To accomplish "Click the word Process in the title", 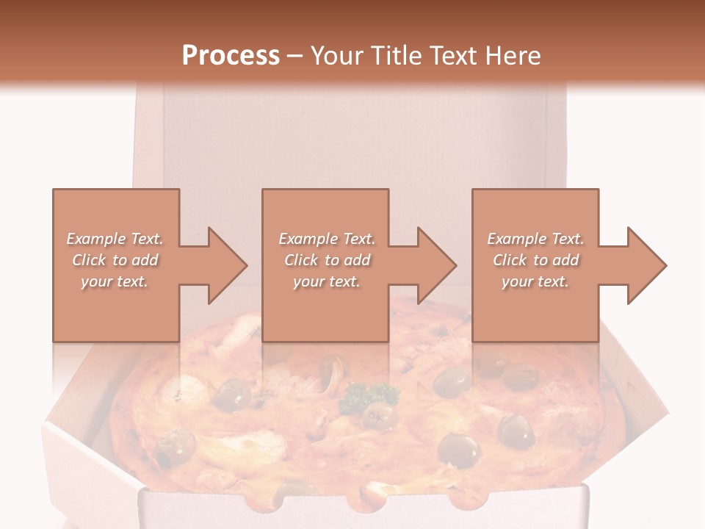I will click(x=231, y=56).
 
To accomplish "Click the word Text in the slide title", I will click(x=453, y=56).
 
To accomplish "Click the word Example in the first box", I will click(x=96, y=239).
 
